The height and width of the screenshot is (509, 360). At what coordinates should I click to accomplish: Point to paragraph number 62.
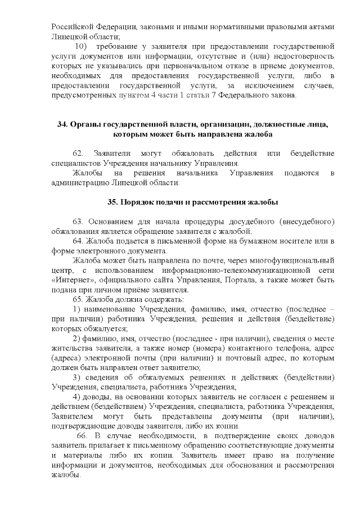(78, 153)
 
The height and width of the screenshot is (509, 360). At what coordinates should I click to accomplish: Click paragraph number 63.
(78, 222)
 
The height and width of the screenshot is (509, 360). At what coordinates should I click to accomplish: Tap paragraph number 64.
(78, 241)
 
